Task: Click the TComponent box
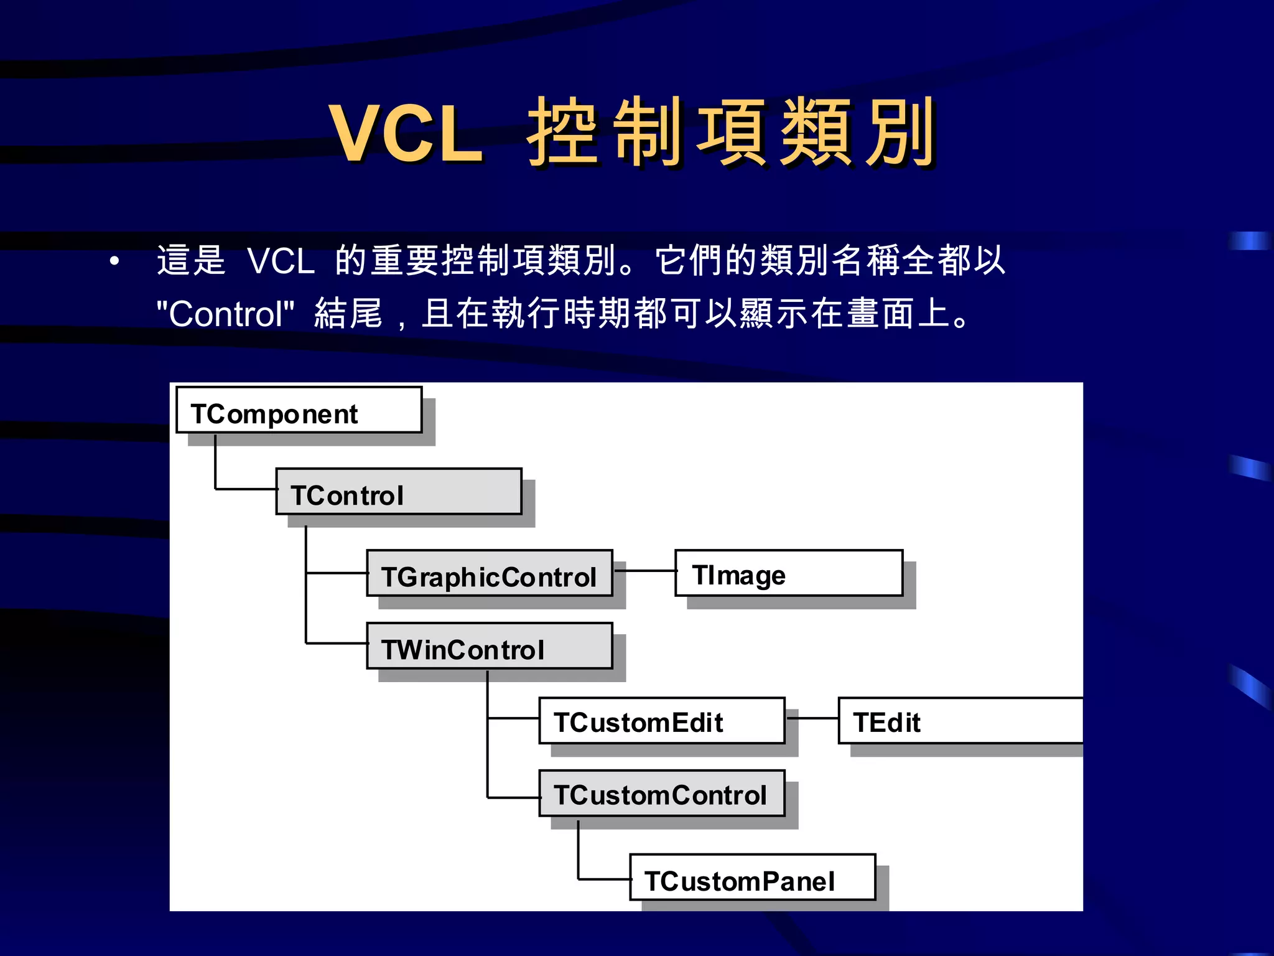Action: click(x=299, y=410)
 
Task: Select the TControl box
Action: click(x=398, y=492)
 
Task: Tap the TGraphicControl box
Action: click(x=490, y=573)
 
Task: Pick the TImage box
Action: click(x=788, y=573)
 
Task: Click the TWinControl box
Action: click(x=490, y=646)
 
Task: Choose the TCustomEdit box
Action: click(x=661, y=721)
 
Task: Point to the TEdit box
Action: click(x=960, y=721)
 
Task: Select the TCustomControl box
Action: click(x=661, y=794)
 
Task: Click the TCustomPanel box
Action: click(x=752, y=878)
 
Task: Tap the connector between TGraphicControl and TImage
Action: click(x=645, y=571)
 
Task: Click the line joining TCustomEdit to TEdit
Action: click(x=812, y=718)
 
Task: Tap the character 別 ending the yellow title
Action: click(x=900, y=133)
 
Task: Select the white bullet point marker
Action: click(x=114, y=261)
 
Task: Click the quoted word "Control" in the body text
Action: click(x=225, y=314)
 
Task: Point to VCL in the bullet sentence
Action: click(x=281, y=261)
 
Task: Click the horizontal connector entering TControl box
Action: click(x=246, y=489)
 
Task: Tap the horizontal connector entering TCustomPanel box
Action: click(x=604, y=879)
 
